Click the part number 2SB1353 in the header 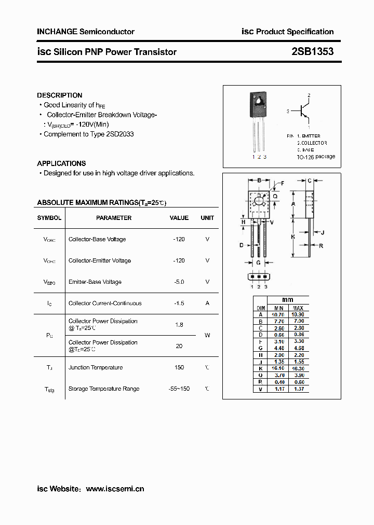tap(313, 51)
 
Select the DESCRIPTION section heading tap(60, 95)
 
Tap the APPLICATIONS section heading tap(61, 163)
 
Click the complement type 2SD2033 tap(119, 134)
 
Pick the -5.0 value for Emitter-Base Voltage tap(179, 282)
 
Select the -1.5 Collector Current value tap(179, 303)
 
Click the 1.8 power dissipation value tap(179, 325)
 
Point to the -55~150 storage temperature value tap(179, 389)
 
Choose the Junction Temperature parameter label tap(96, 367)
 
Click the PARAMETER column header tap(114, 218)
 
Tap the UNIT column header tap(207, 218)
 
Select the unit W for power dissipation tap(207, 335)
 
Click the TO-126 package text tap(316, 157)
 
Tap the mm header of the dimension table tap(288, 300)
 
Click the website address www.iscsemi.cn tap(115, 489)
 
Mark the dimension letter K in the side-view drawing tap(293, 236)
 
